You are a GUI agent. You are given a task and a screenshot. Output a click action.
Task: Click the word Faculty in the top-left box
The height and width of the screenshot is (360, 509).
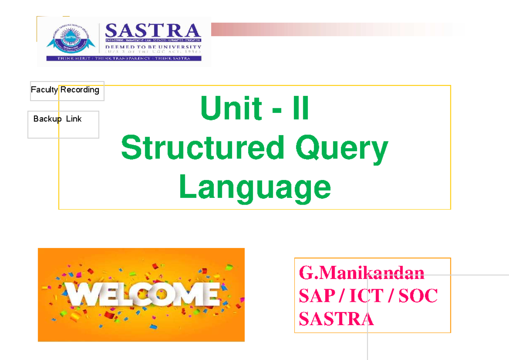coord(45,90)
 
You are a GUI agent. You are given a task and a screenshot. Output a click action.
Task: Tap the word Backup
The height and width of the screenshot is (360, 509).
coord(48,119)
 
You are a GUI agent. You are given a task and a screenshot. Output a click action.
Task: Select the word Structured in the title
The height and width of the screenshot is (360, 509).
coord(202,149)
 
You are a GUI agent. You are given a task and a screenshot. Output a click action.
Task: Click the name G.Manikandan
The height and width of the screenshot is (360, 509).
coord(361,273)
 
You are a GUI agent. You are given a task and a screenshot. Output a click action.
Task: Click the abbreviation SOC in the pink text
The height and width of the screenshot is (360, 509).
coord(418,296)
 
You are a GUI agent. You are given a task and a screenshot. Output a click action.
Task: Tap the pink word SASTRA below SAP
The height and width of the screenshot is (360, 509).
coord(336,319)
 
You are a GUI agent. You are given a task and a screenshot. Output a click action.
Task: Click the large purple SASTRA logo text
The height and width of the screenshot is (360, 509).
coord(152,31)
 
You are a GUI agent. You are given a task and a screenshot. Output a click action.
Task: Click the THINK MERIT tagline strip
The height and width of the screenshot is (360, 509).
coord(123,59)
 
